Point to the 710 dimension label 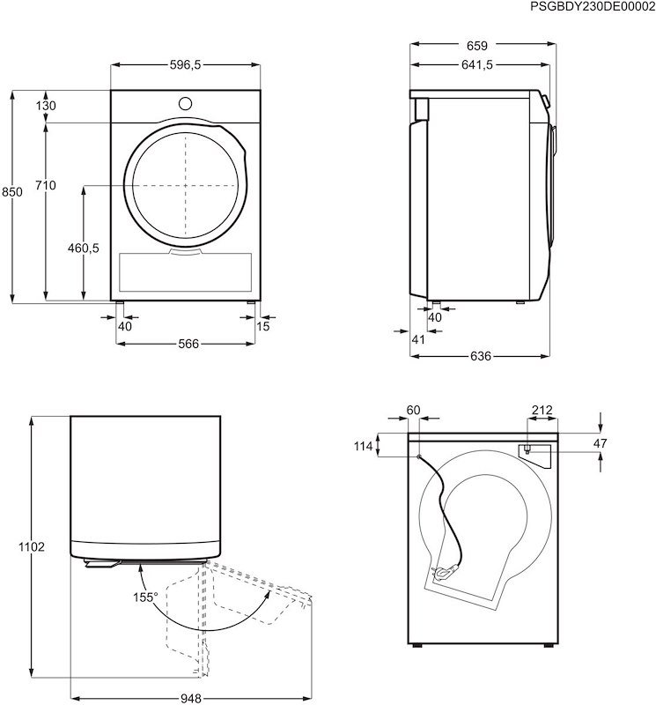click(x=46, y=185)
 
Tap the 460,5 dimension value click(x=83, y=249)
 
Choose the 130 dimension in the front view click(x=46, y=106)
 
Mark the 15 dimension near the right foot click(x=263, y=327)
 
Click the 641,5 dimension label click(x=475, y=64)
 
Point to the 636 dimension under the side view click(x=479, y=356)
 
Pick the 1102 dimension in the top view click(x=32, y=547)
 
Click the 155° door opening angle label click(x=145, y=597)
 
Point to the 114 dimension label click(x=364, y=446)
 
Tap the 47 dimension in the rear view click(x=600, y=443)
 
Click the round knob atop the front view click(x=185, y=102)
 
